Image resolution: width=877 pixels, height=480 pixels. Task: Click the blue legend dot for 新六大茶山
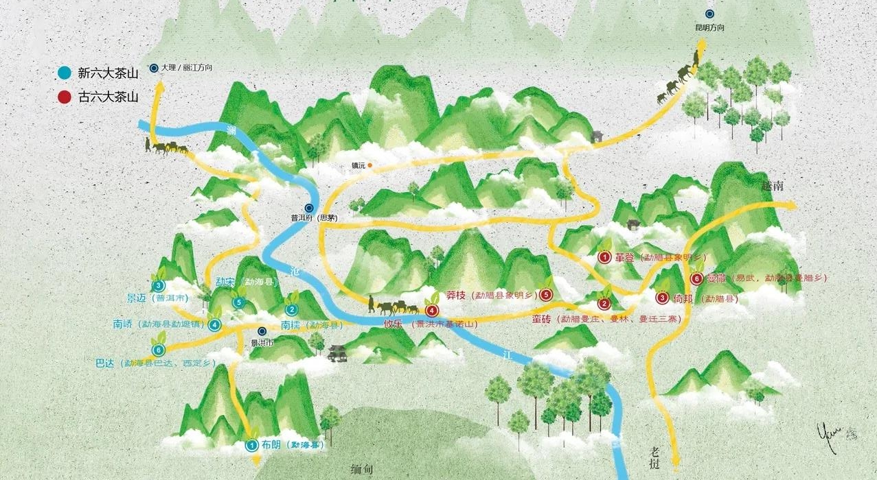(65, 73)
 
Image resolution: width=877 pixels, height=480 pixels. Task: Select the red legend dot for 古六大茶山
(65, 97)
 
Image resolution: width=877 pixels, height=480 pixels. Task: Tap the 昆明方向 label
(710, 28)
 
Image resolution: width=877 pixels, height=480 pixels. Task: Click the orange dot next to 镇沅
(369, 165)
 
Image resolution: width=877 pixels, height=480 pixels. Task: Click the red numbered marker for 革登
(605, 258)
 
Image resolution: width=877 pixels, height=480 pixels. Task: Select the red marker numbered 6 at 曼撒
(697, 278)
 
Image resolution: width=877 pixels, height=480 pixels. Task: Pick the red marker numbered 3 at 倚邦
(661, 298)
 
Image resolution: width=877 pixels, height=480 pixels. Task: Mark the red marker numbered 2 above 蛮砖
(604, 304)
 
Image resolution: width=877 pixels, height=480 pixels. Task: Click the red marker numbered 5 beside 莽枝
(546, 295)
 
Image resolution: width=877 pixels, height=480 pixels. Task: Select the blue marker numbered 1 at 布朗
(252, 445)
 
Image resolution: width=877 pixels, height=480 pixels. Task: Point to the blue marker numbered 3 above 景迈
(159, 285)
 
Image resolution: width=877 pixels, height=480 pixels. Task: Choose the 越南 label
(773, 187)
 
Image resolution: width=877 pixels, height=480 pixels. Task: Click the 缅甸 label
(361, 469)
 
